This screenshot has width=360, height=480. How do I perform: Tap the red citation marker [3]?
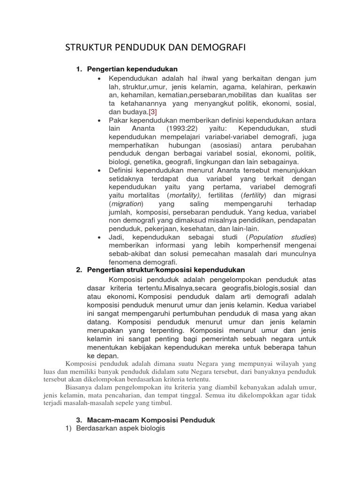pyautogui.click(x=153, y=112)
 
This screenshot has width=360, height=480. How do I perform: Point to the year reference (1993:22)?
pyautogui.click(x=193, y=128)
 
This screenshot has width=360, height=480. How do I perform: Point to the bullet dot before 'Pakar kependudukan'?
pyautogui.click(x=99, y=120)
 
